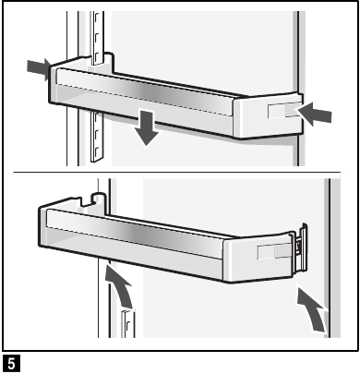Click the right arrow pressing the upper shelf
pyautogui.click(x=317, y=113)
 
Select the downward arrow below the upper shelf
pyautogui.click(x=145, y=129)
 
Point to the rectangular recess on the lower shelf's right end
pyautogui.click(x=270, y=251)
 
